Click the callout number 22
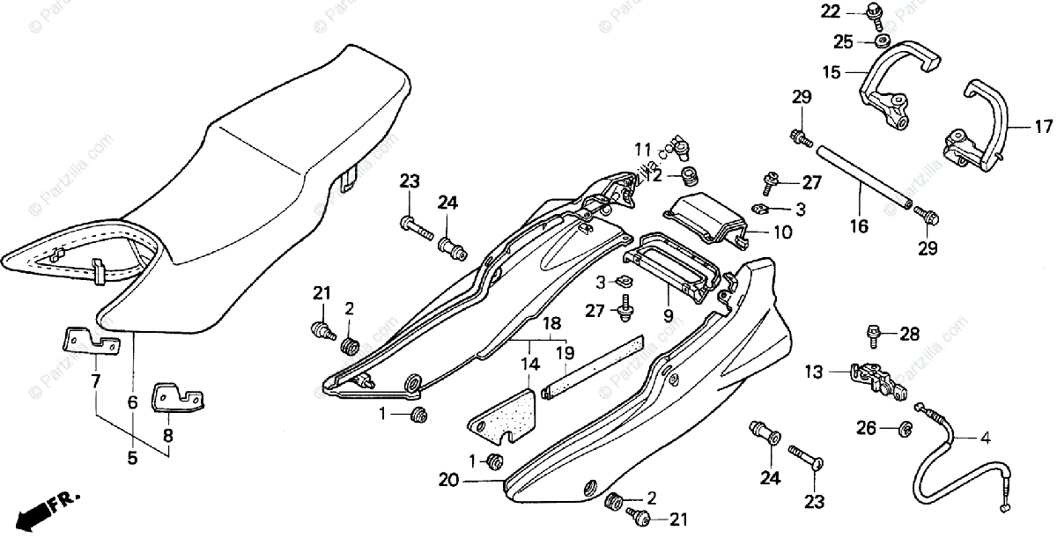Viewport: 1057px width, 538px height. pyautogui.click(x=832, y=11)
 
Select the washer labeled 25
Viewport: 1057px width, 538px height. pyautogui.click(x=881, y=41)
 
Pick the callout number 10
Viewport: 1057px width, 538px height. pyautogui.click(x=782, y=233)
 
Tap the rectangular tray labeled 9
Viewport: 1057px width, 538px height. pyautogui.click(x=675, y=264)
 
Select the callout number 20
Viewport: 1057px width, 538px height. pyautogui.click(x=448, y=480)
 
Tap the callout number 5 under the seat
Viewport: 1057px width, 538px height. pyautogui.click(x=132, y=458)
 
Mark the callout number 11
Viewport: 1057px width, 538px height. pyautogui.click(x=642, y=148)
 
